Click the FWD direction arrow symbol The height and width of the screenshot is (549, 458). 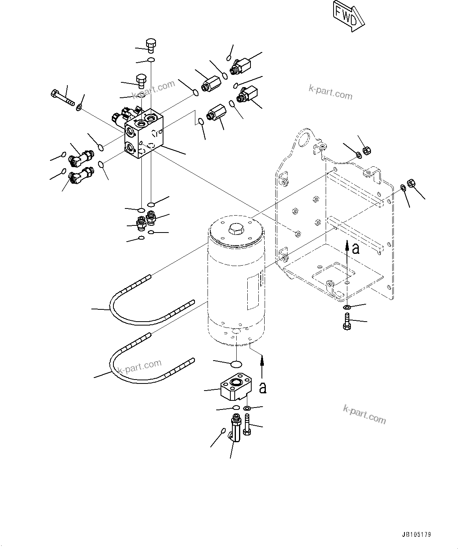point(348,16)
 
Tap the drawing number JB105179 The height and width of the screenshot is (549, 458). point(417,535)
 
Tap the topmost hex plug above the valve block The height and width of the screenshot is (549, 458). point(151,45)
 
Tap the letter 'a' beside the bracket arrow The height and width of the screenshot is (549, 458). point(356,249)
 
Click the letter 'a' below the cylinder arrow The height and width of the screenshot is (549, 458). point(263,388)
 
